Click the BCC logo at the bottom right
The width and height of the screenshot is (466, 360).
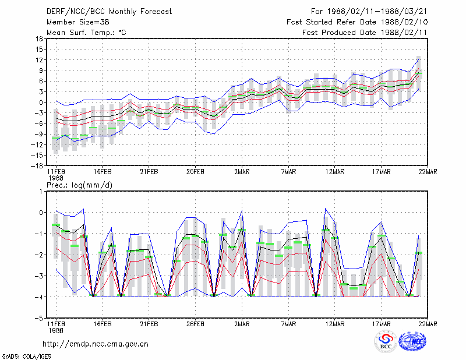(x=386, y=341)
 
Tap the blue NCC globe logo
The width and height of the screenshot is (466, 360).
(x=412, y=341)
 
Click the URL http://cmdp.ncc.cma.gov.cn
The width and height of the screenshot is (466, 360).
(x=96, y=344)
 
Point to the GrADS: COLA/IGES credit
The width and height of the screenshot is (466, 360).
(x=26, y=357)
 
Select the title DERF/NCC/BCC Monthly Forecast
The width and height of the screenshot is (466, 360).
(x=109, y=12)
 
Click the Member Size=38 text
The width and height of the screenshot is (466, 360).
(x=78, y=22)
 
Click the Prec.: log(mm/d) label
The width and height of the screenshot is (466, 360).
(x=79, y=185)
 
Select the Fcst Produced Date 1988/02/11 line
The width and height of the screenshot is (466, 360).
(x=365, y=33)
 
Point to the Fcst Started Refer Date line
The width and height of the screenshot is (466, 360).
(x=357, y=22)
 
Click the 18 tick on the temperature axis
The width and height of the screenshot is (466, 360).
(x=39, y=38)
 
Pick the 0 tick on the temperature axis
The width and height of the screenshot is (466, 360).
(x=41, y=103)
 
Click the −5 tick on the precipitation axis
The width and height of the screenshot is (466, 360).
(x=38, y=318)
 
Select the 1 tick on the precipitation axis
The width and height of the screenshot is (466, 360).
(x=41, y=192)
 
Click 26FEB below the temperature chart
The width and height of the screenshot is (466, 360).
(x=195, y=172)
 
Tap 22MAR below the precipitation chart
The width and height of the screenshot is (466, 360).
(x=428, y=324)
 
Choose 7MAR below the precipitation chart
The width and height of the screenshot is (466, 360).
(x=288, y=324)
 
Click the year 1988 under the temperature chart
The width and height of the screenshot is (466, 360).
(x=56, y=178)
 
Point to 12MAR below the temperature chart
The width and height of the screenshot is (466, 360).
(x=334, y=172)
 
